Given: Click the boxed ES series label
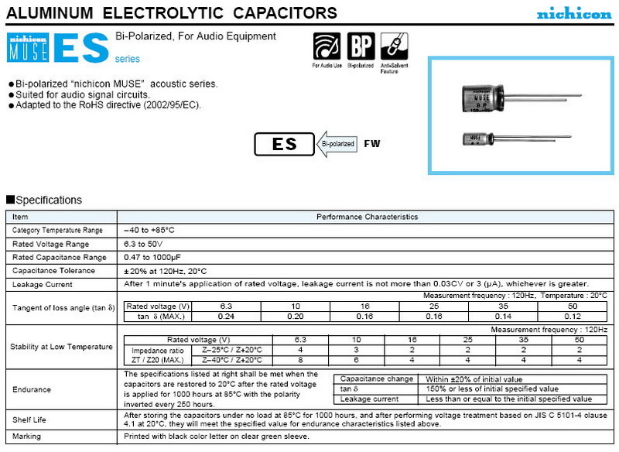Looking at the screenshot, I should (x=284, y=145).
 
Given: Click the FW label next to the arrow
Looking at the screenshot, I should (x=372, y=145).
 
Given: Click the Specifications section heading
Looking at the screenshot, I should (x=44, y=200).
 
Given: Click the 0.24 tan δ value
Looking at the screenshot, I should (x=226, y=317).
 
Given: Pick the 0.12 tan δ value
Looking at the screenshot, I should (x=572, y=317).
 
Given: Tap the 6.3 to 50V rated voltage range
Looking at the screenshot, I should (x=144, y=244).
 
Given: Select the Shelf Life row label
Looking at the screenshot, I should (x=29, y=419).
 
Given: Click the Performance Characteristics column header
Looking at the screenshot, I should (x=367, y=217).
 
